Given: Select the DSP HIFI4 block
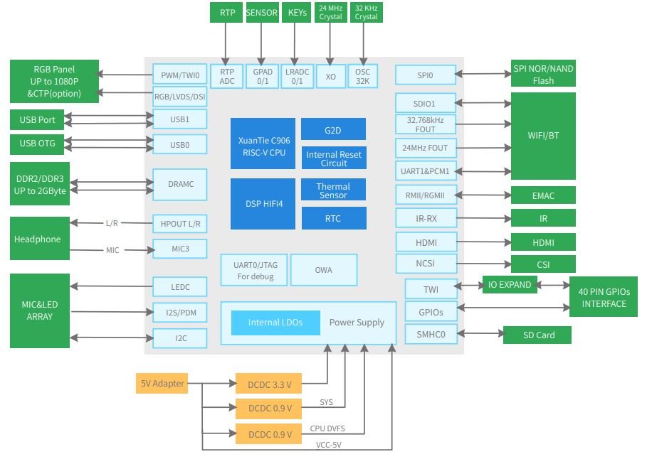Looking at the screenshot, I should tap(263, 204).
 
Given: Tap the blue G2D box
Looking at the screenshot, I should tap(333, 129).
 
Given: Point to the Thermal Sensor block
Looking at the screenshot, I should tap(333, 190).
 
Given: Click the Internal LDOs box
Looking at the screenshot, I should tap(275, 323).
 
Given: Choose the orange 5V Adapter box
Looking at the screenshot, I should tap(162, 384).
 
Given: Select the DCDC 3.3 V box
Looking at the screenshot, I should tap(268, 384).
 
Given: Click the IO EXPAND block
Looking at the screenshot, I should tap(509, 285).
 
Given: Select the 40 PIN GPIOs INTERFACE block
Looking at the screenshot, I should tap(604, 298).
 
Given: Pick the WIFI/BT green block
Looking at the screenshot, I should tap(543, 135).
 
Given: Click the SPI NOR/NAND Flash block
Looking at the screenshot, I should tap(543, 73).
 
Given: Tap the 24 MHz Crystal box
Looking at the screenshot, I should tap(330, 13).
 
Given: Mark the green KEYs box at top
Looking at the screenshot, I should tap(297, 13).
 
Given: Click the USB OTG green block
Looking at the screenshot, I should tap(38, 144).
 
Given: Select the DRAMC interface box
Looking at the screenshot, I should tap(179, 185).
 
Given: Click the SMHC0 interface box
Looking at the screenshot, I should tap(430, 334).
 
